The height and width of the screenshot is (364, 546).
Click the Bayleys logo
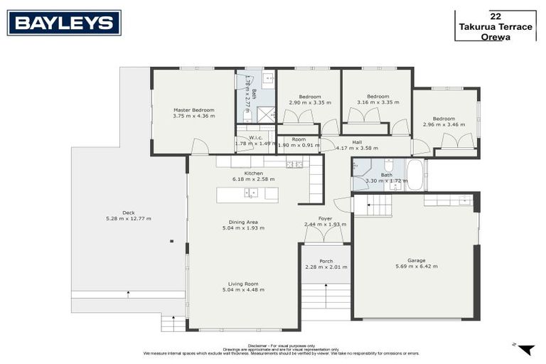coord(64,23)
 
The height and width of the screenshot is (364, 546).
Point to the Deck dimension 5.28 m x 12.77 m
coord(128,218)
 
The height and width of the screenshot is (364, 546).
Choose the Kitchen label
coord(254,173)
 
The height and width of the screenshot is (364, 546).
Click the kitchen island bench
coord(247,194)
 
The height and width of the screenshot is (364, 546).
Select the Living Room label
coord(243,284)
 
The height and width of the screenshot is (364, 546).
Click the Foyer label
coord(325,219)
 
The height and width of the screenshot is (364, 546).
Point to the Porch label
coord(326,261)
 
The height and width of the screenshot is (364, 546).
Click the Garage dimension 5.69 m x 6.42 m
coord(417,267)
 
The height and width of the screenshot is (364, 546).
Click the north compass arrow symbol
coord(525,349)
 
